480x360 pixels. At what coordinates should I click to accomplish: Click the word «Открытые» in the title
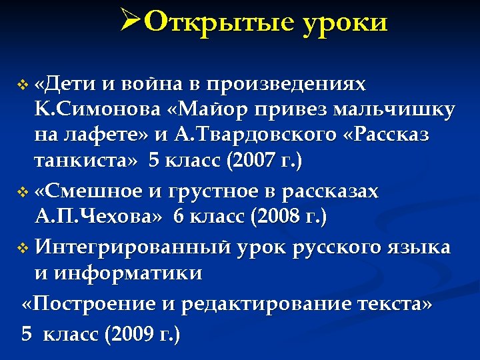point(219,23)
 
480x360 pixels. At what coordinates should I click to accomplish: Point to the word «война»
point(155,85)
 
